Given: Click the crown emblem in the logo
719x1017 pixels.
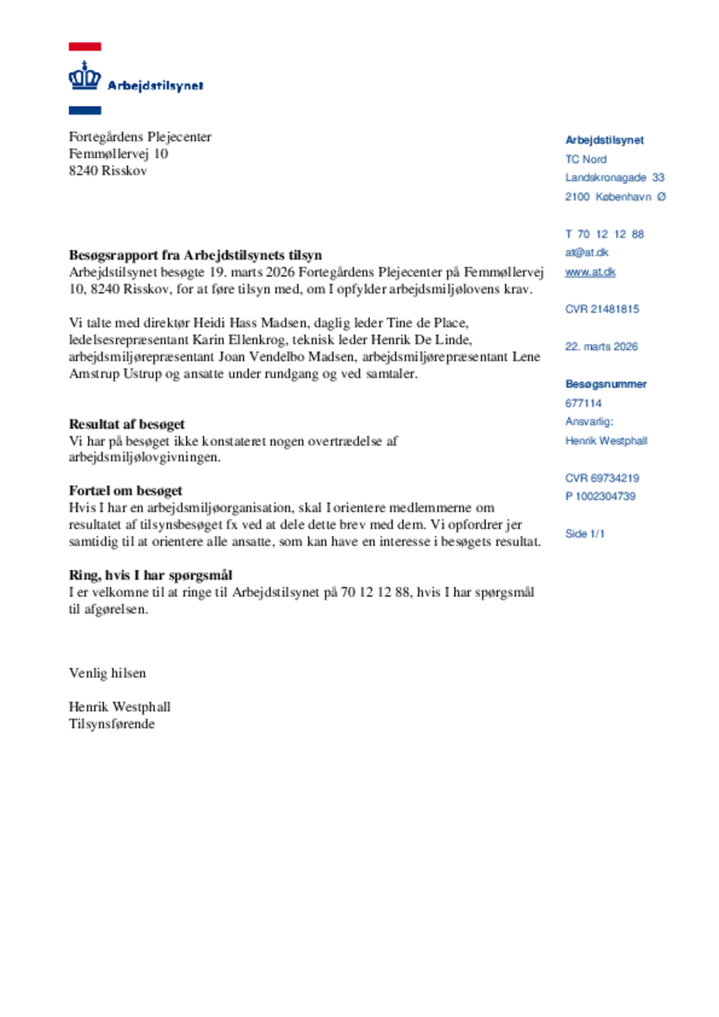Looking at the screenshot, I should click(x=84, y=76).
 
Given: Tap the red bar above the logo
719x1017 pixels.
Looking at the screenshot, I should click(x=85, y=47).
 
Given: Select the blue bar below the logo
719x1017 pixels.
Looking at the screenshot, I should click(x=85, y=110).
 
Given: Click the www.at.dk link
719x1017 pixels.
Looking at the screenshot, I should click(x=590, y=272).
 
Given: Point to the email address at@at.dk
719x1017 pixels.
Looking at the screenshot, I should click(x=586, y=252).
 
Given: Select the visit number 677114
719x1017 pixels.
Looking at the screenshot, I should click(x=583, y=403).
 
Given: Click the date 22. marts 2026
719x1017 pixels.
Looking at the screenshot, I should click(x=601, y=347).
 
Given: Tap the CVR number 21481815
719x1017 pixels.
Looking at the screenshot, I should click(x=602, y=309).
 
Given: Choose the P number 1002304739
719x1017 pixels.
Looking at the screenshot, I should click(x=600, y=496).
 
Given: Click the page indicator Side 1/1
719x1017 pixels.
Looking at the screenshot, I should click(x=585, y=534).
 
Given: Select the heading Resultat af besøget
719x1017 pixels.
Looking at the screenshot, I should click(x=126, y=424).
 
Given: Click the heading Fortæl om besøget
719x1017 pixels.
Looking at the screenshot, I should click(x=125, y=490).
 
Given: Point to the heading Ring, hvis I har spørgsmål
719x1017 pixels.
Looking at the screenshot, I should click(x=150, y=575).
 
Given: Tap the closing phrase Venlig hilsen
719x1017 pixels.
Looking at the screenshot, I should click(x=107, y=673).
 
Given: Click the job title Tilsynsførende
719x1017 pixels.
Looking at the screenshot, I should click(x=112, y=724).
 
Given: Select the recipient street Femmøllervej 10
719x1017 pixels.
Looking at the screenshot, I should click(x=118, y=154).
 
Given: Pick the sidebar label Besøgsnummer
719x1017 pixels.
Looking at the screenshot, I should click(x=606, y=384).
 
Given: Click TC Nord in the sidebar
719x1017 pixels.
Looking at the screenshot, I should click(x=586, y=159).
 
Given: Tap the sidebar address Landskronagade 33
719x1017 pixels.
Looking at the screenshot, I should click(x=614, y=178).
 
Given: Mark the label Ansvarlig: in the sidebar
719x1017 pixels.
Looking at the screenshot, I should click(x=589, y=422).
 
